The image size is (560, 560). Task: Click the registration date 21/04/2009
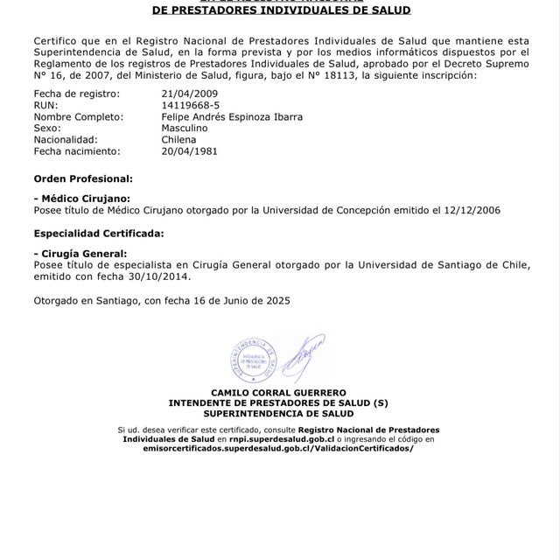tap(190, 93)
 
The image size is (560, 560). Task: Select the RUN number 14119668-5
tap(191, 104)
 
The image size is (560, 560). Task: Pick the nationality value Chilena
tap(180, 139)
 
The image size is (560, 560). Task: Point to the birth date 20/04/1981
tap(190, 150)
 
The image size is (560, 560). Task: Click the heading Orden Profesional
tap(83, 178)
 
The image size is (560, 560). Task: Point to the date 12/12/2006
tap(470, 211)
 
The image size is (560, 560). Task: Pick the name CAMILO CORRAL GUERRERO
tap(279, 392)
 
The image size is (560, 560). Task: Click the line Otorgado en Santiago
tap(161, 300)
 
